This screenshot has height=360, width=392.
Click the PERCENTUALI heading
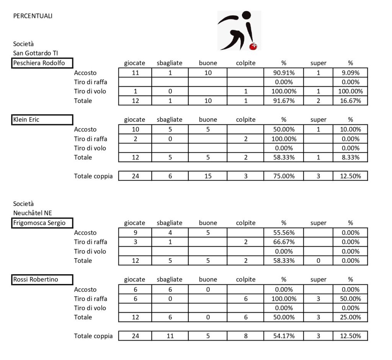[33, 16]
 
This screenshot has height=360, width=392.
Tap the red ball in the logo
[253, 46]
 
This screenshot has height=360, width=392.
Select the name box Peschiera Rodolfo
[42, 63]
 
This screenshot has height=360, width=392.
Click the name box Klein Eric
[42, 120]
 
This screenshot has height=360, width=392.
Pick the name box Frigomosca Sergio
[42, 223]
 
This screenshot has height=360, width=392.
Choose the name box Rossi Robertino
[42, 280]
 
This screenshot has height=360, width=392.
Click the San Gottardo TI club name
[36, 53]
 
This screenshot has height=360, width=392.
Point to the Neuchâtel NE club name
[33, 213]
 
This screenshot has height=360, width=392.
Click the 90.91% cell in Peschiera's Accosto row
[284, 73]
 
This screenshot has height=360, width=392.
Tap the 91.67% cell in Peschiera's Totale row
[284, 101]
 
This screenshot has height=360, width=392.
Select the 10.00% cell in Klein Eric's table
[350, 129]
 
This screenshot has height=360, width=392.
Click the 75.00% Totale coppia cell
[284, 176]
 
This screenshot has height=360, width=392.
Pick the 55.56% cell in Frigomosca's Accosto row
[284, 232]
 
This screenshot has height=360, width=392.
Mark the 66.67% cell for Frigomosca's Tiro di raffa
[284, 242]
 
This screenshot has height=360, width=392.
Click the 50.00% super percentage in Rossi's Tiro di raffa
[350, 299]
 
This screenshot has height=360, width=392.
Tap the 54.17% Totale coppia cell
[284, 336]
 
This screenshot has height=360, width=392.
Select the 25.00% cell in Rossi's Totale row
[350, 317]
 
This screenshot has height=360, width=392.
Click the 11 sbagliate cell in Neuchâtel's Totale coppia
[170, 336]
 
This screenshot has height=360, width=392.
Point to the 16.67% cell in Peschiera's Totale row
[350, 101]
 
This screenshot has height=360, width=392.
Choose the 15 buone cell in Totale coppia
[208, 176]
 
